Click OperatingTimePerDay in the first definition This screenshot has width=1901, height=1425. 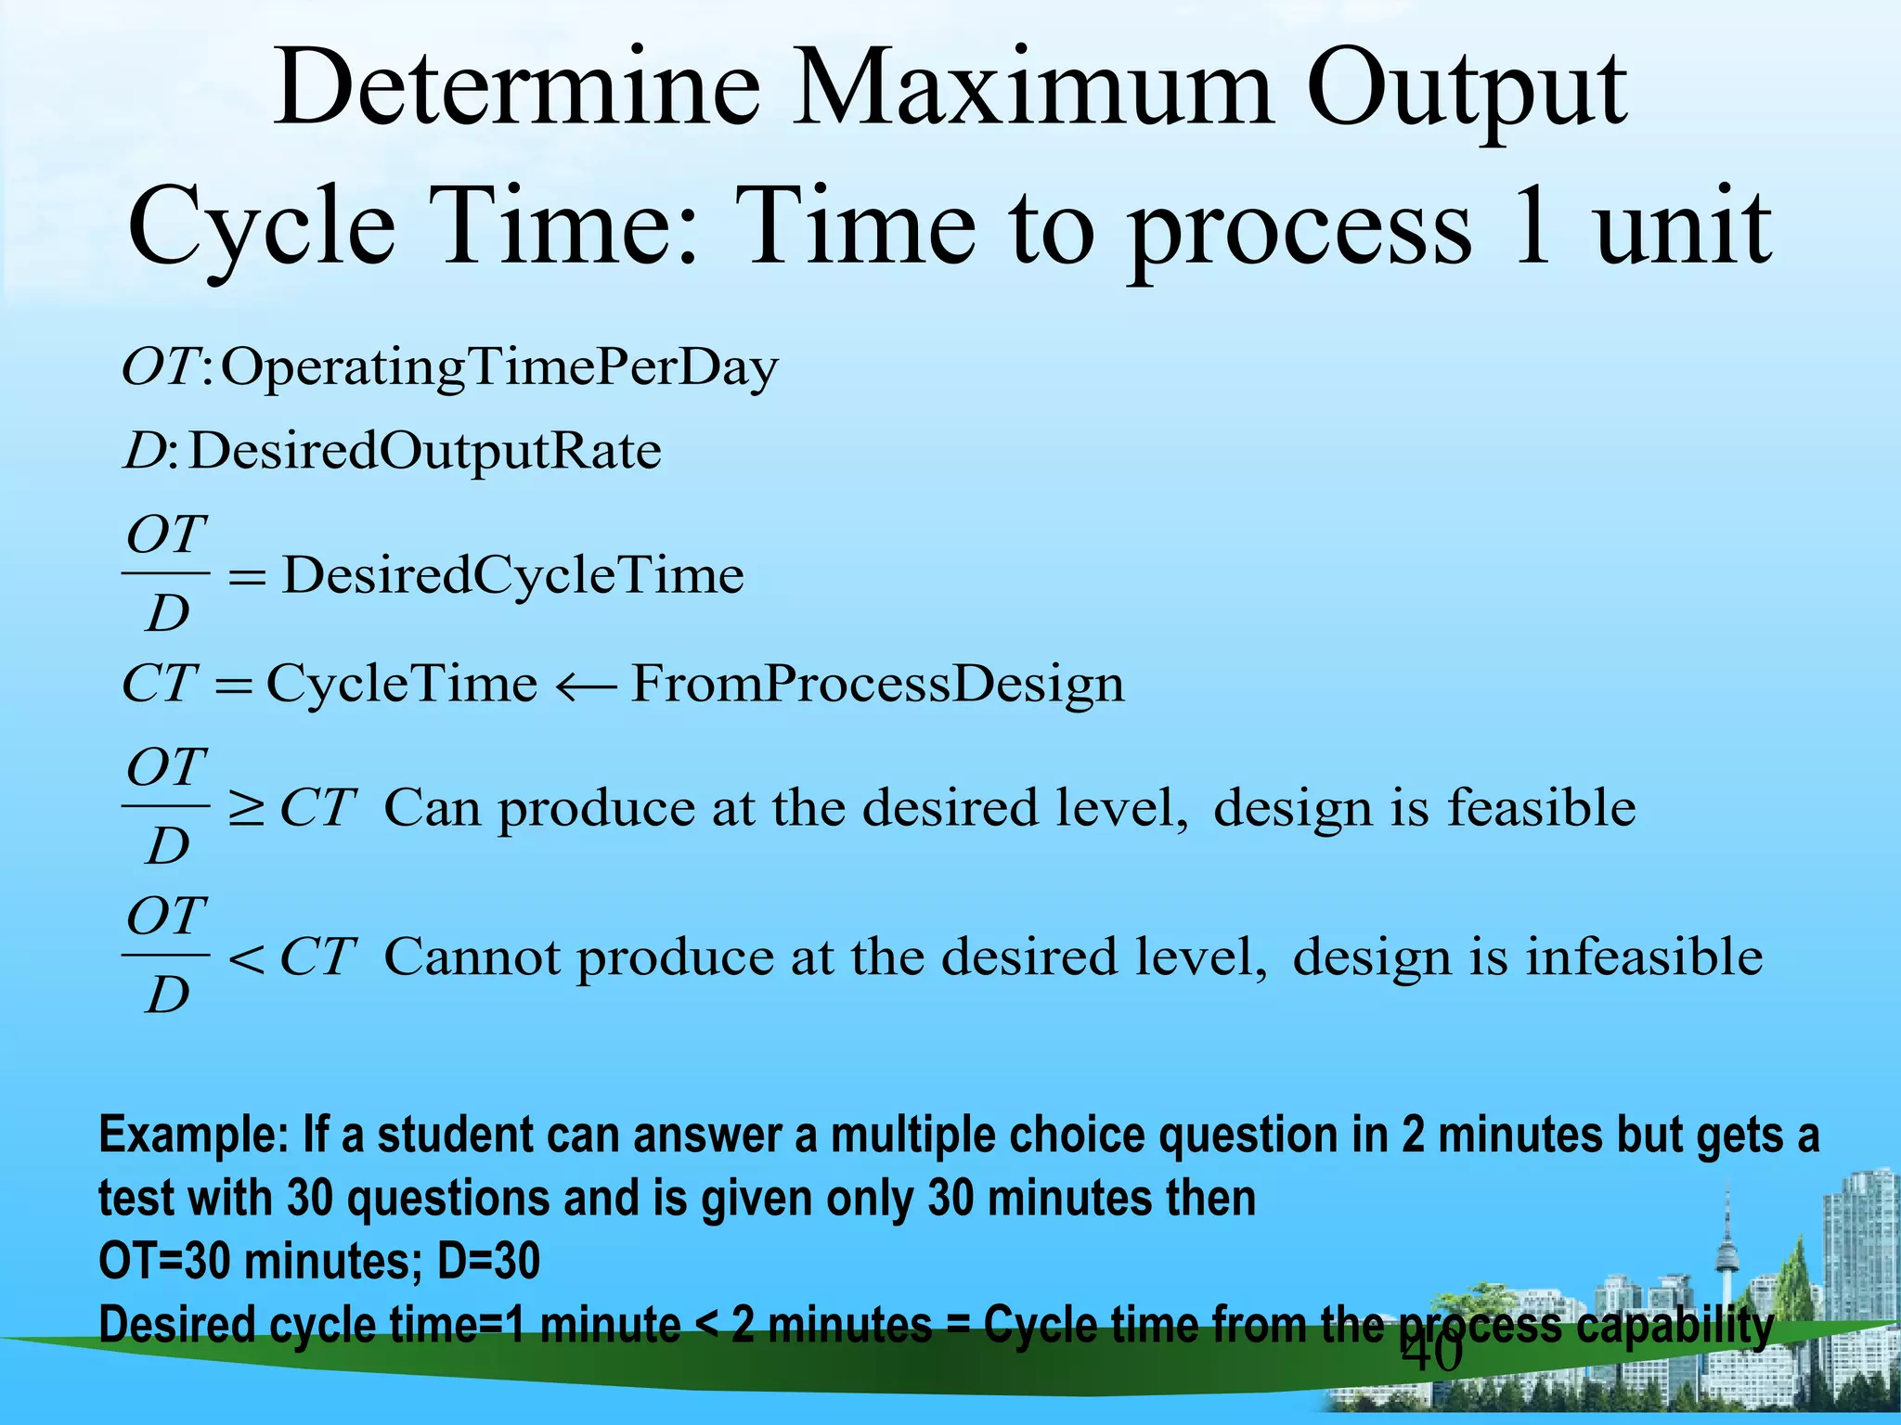(498, 368)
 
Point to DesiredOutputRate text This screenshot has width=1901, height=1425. (424, 452)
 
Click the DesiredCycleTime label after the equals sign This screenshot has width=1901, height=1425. (512, 575)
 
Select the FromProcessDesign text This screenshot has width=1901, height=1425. (877, 686)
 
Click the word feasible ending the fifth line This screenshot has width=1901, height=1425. (1541, 807)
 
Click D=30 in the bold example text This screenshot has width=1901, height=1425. (488, 1262)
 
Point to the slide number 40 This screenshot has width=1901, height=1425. (1431, 1353)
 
